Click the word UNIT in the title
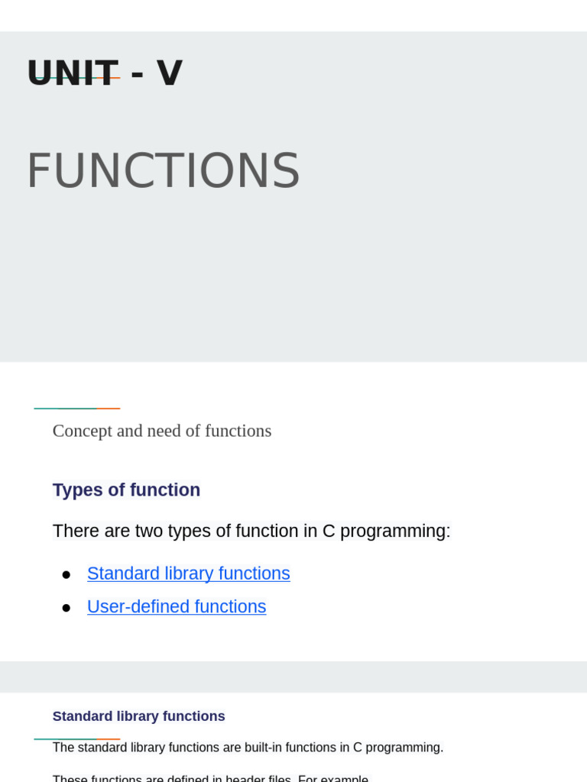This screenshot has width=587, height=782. click(73, 73)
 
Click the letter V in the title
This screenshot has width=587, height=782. click(169, 73)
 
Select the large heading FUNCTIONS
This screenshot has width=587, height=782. click(163, 171)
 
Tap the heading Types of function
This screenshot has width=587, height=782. click(126, 490)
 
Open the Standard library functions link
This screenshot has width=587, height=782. click(188, 574)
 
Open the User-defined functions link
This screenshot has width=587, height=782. click(177, 607)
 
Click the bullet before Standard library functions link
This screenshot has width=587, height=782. click(66, 574)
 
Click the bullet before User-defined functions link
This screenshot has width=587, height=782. click(66, 608)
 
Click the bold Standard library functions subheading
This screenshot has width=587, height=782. click(138, 716)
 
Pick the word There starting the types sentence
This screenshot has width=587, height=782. click(76, 532)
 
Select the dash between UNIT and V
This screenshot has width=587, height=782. click(137, 75)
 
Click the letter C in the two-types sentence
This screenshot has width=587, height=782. click(329, 532)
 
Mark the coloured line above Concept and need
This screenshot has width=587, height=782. click(76, 409)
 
